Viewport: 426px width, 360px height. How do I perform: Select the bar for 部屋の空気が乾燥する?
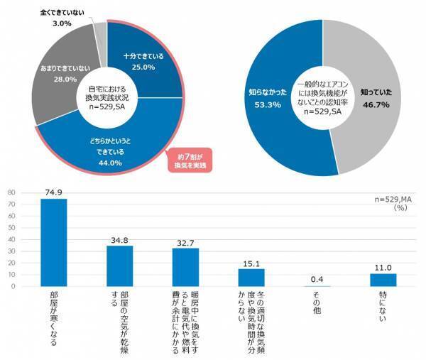point(120,266)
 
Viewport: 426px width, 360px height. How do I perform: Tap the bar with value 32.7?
point(186,267)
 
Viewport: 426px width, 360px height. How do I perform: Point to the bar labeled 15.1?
point(251,278)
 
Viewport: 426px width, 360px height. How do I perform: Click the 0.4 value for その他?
point(317,280)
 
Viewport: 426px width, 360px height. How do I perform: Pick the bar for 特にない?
point(383,280)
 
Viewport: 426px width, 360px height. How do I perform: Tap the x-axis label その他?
point(317,302)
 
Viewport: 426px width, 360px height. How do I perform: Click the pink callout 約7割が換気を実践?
point(190,160)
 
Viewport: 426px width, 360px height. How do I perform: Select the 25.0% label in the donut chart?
point(138,66)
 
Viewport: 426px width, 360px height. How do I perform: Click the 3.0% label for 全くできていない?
point(63,23)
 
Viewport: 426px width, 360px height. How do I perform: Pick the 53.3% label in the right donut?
point(269,105)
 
